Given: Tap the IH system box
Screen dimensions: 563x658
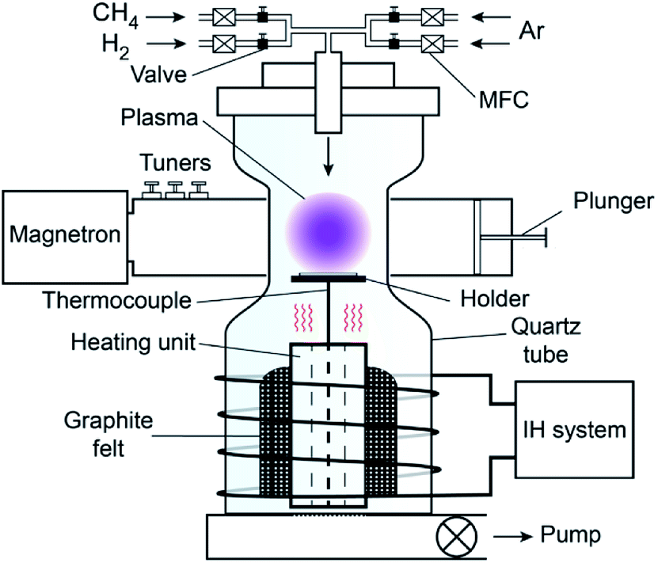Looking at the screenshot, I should pyautogui.click(x=573, y=430).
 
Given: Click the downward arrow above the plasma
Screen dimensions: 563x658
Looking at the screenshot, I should pyautogui.click(x=328, y=163).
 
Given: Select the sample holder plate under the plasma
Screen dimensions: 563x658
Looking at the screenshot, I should pyautogui.click(x=328, y=277).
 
